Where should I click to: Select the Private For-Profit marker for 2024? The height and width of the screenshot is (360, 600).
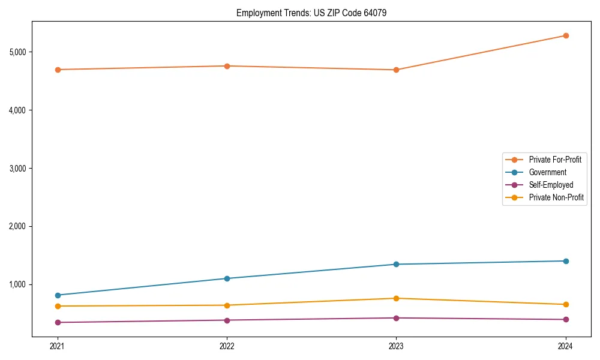(566, 35)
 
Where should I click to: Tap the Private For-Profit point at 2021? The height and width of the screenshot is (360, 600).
(58, 70)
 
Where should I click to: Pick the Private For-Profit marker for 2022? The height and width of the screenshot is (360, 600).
(227, 66)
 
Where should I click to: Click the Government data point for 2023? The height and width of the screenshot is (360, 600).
(396, 264)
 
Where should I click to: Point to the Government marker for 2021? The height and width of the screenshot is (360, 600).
(58, 295)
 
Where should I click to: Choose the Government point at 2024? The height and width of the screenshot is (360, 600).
(566, 261)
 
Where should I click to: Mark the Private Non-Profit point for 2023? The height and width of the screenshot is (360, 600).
(396, 298)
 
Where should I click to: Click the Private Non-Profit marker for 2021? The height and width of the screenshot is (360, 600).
(58, 306)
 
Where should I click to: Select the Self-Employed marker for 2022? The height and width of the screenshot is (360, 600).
(227, 320)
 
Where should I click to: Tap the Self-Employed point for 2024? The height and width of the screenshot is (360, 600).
(566, 319)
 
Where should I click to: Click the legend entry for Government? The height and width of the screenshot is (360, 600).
(547, 172)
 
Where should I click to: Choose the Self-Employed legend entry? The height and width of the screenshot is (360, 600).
(551, 185)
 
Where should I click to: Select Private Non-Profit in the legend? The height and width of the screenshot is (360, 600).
(556, 197)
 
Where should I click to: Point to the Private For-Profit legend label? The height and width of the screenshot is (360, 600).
(555, 160)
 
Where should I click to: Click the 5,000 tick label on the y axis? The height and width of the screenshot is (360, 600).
(18, 52)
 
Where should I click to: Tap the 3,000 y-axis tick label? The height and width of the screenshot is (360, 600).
(18, 169)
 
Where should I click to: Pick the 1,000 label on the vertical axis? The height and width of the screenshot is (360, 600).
(18, 284)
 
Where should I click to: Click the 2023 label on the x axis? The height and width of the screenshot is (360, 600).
(396, 346)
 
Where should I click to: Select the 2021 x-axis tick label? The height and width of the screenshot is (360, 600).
(58, 346)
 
